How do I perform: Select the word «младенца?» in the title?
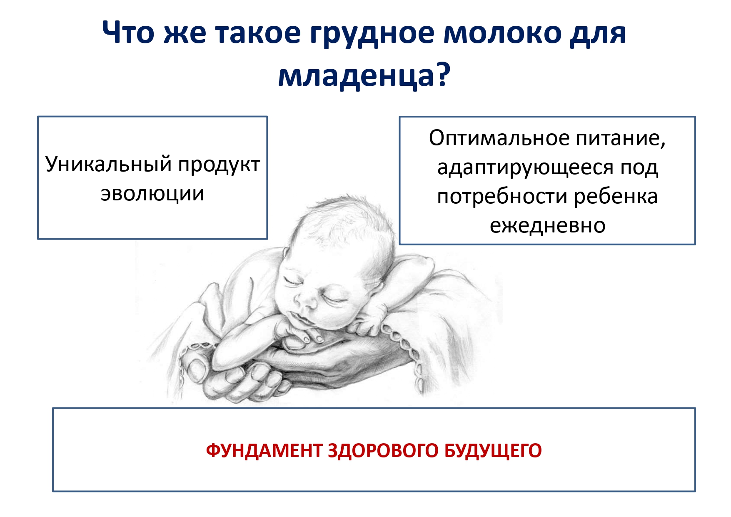pos(364,77)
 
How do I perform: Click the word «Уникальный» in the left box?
pos(108,164)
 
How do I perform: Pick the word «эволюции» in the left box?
pos(152,194)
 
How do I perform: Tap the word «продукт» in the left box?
pos(219,165)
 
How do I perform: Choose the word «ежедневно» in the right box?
pos(547,226)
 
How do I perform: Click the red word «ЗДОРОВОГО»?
pos(383,450)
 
